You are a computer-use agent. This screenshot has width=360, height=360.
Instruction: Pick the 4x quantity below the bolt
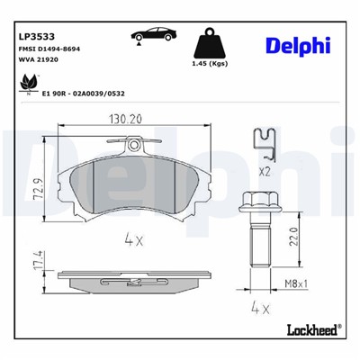(x=261, y=307)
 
